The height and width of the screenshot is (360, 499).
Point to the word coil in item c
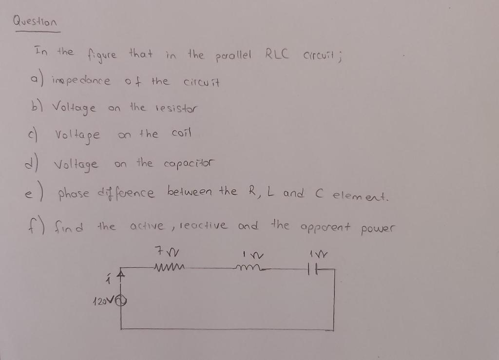click(x=182, y=133)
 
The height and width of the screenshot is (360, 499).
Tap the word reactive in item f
click(x=203, y=226)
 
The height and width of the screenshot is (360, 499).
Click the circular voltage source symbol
click(x=121, y=301)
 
